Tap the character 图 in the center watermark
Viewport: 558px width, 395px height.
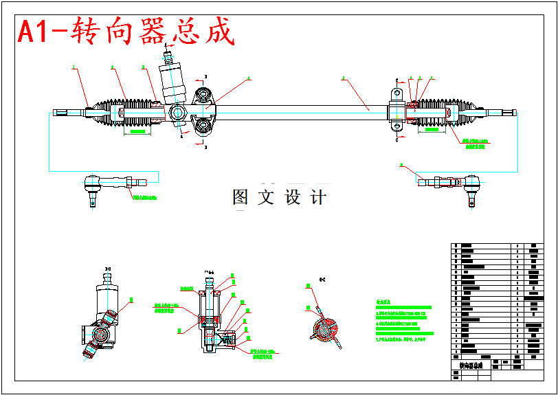(x=241, y=198)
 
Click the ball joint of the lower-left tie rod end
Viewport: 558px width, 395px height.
(x=91, y=184)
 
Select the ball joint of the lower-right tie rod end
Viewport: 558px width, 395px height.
(x=471, y=183)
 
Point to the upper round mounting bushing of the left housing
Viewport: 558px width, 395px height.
(x=202, y=95)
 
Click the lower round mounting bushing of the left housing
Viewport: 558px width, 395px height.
(x=202, y=126)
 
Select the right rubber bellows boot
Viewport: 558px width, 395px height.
(x=440, y=113)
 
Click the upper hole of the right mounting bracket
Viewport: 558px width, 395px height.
(x=397, y=93)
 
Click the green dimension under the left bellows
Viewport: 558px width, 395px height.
(x=137, y=131)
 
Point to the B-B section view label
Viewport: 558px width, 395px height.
(x=107, y=268)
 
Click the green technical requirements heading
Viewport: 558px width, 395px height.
(x=383, y=301)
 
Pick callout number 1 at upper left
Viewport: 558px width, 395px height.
(x=74, y=67)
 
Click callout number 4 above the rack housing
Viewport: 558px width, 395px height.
(x=249, y=78)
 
